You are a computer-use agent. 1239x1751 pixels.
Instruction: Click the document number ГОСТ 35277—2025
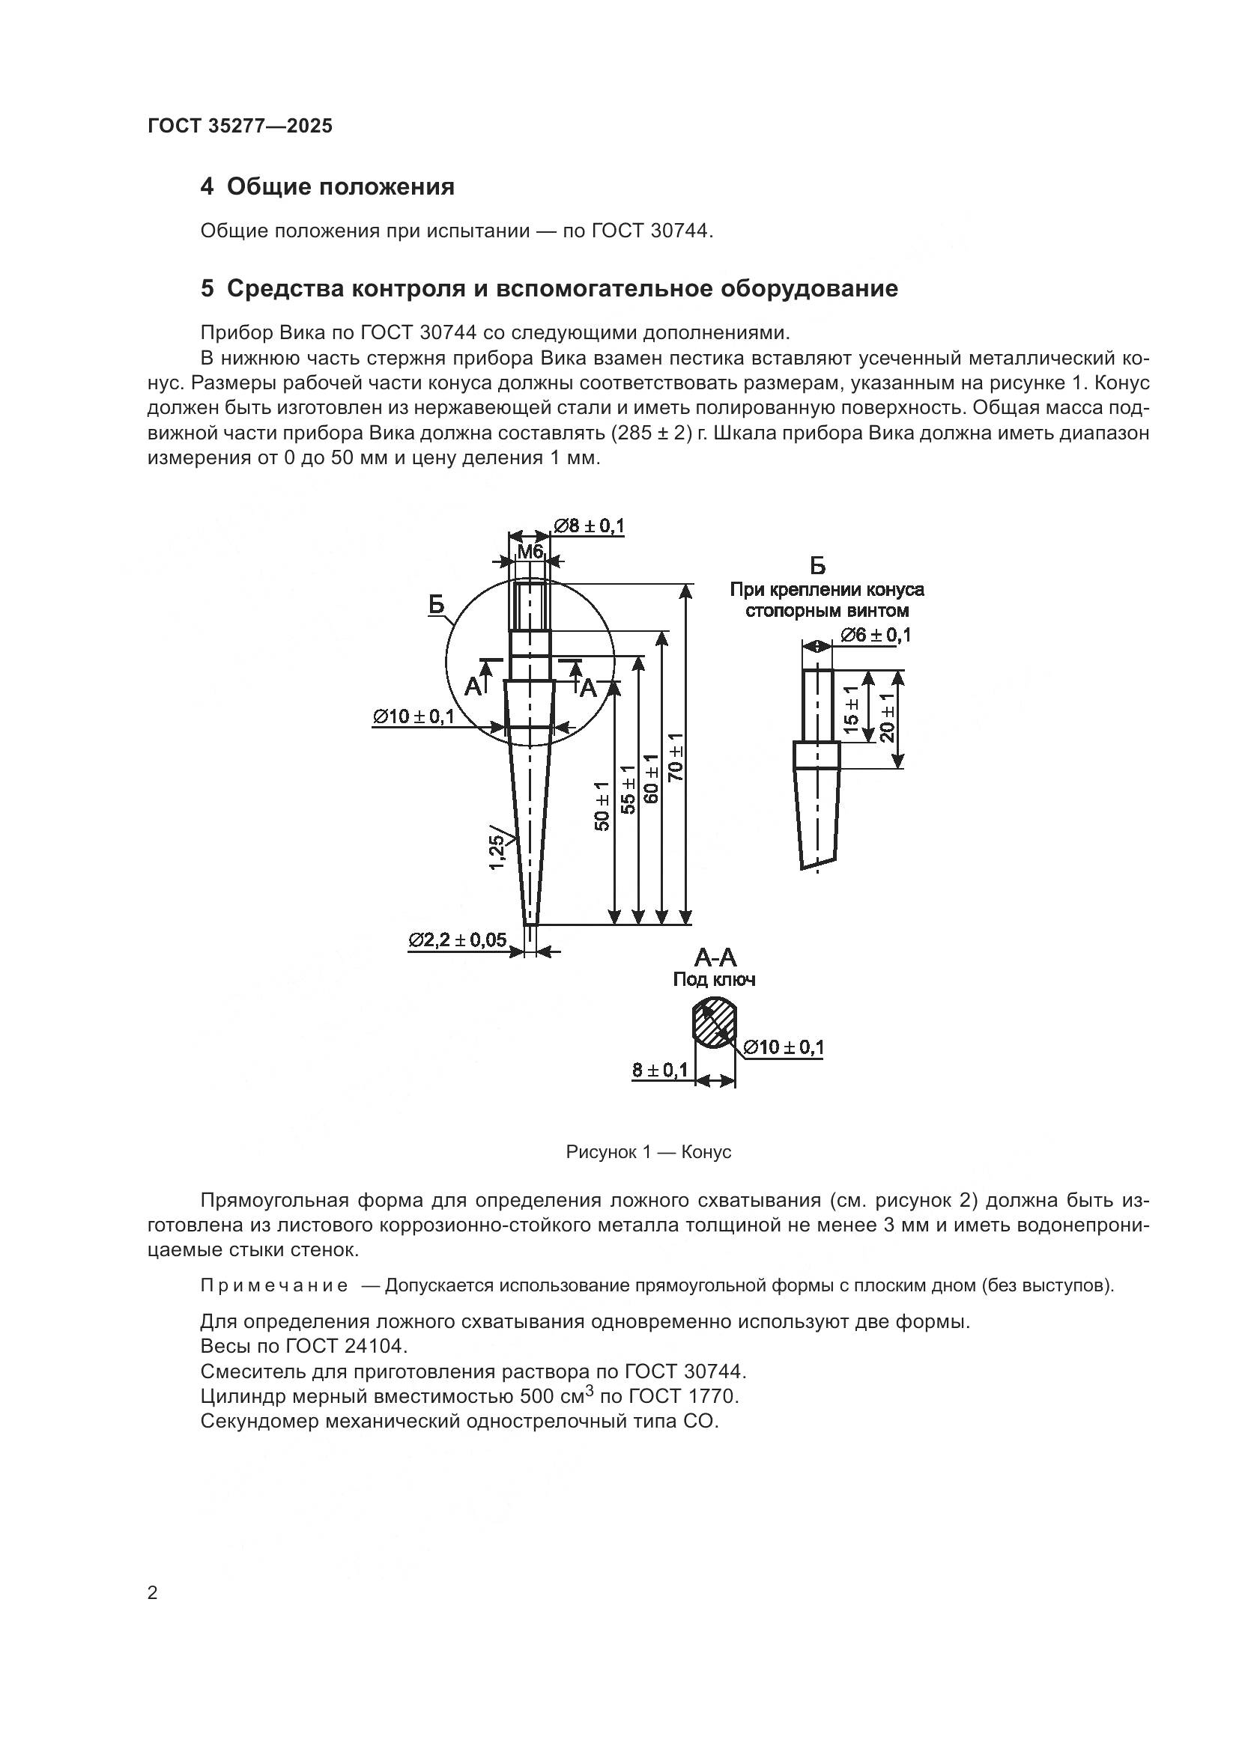(x=240, y=127)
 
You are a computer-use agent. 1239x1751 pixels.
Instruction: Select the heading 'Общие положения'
(x=340, y=187)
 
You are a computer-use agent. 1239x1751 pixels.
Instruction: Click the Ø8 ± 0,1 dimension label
(x=588, y=526)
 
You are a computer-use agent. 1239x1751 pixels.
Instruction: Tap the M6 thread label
(x=530, y=551)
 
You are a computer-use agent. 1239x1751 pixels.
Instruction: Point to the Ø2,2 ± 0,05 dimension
(x=457, y=940)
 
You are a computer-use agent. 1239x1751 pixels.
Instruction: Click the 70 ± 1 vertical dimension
(x=676, y=758)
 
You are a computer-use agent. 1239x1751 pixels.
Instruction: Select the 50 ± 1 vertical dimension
(x=602, y=806)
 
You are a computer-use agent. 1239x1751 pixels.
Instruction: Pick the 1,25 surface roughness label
(x=497, y=852)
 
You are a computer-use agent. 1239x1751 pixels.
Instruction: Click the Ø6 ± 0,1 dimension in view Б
(x=875, y=636)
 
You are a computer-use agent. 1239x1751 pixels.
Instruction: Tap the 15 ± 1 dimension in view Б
(x=852, y=707)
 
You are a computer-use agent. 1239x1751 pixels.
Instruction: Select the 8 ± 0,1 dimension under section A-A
(x=659, y=1070)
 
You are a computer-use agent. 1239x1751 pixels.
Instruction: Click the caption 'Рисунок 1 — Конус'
(x=649, y=1152)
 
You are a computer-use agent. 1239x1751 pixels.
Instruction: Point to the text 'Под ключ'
(x=714, y=979)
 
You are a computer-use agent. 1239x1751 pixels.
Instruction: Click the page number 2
(x=153, y=1593)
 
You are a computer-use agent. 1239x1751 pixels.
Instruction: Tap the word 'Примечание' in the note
(x=274, y=1286)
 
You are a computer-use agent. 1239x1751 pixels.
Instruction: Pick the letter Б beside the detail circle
(x=436, y=605)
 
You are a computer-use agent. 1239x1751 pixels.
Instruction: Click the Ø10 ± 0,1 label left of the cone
(x=413, y=716)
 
